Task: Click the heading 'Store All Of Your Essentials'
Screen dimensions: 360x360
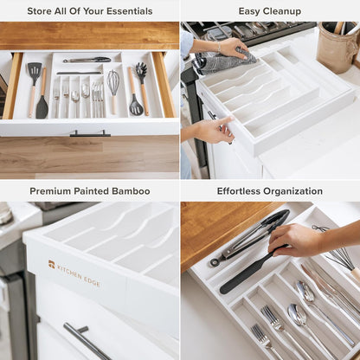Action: coord(90,11)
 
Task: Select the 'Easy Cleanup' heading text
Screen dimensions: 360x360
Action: coord(270,11)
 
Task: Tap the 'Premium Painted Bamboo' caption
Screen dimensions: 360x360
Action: coord(90,190)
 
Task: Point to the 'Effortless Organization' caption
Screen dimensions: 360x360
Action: coord(270,190)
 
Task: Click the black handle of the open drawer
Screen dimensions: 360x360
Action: coord(90,133)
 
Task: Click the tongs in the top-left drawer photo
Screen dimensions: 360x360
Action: coord(87,60)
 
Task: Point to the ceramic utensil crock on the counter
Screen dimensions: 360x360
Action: coord(337,48)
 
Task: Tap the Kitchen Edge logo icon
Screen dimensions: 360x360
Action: coord(52,263)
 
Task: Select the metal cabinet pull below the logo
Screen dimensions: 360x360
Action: coord(86,340)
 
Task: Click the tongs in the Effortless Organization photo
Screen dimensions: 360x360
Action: coord(251,235)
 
